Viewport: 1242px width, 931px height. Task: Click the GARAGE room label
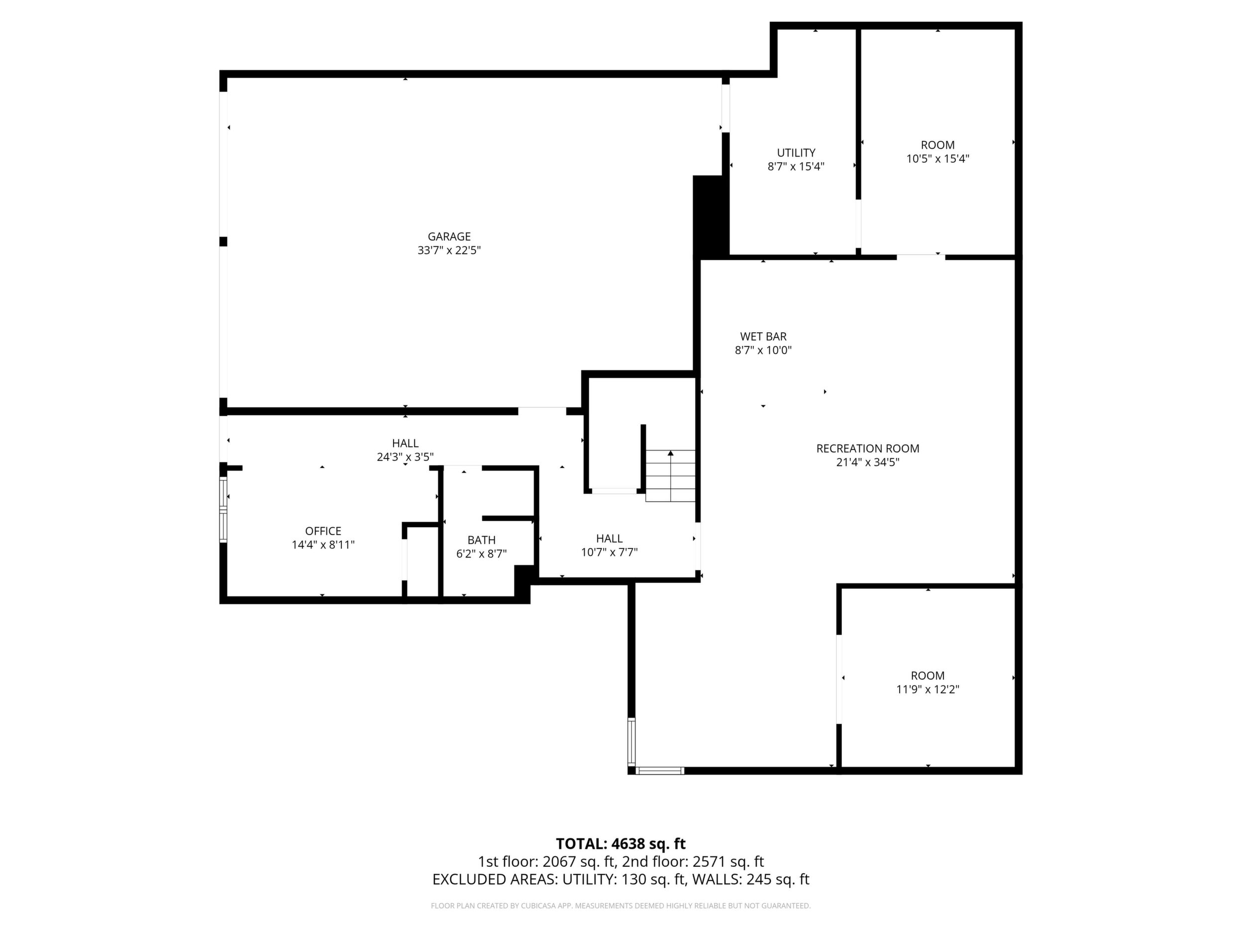coord(449,237)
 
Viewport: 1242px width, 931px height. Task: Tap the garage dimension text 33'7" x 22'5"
coord(449,250)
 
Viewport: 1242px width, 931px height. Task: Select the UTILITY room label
coord(796,153)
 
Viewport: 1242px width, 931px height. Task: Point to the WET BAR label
coord(763,337)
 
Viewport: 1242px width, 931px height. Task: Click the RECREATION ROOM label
coord(868,449)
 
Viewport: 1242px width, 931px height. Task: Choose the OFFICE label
coord(323,531)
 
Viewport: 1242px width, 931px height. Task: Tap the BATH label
coord(482,540)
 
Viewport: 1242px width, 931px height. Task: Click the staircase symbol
coord(670,475)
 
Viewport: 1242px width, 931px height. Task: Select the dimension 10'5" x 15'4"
coord(937,159)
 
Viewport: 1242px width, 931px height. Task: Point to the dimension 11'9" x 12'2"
coord(928,690)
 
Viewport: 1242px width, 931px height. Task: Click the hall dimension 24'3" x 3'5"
coord(406,457)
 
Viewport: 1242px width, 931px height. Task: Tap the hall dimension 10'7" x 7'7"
coord(609,552)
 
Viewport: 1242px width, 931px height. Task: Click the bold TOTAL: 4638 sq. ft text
coord(621,844)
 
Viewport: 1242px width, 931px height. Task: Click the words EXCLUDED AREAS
coord(494,879)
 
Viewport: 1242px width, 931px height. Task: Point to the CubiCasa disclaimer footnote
coord(621,906)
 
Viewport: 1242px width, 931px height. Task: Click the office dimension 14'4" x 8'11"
coord(323,545)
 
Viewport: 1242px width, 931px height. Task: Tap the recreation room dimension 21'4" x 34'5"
coord(868,463)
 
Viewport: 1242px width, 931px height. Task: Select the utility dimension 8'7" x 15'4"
coord(796,167)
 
